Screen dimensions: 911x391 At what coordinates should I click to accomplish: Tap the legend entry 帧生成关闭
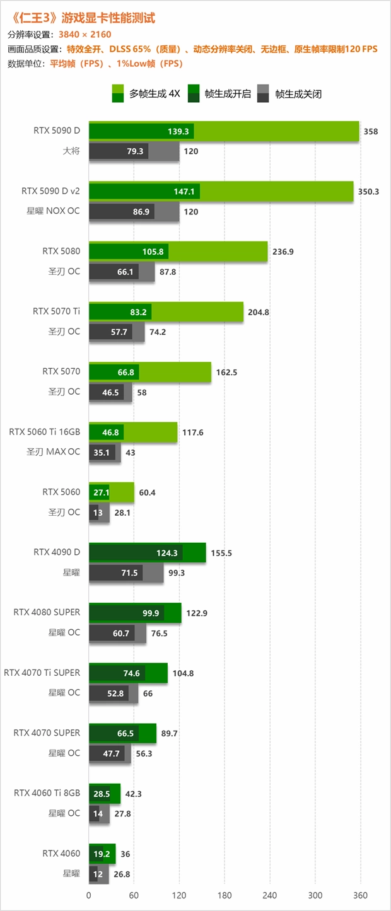298,94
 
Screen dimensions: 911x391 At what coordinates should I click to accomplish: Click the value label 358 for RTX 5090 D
371,131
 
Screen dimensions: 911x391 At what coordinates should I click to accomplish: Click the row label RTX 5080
61,251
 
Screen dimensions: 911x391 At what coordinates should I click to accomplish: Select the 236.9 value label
283,252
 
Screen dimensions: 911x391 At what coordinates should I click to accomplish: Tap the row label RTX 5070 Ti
56,311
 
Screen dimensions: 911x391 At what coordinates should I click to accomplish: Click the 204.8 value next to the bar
259,312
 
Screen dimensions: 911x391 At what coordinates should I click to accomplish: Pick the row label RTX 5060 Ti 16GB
44,432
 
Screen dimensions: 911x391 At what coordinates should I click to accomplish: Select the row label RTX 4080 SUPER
47,612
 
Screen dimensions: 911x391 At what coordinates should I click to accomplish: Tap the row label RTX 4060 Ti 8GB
47,792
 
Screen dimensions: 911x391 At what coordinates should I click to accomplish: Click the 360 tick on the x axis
360,895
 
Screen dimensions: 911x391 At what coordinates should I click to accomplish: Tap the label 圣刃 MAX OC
54,452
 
